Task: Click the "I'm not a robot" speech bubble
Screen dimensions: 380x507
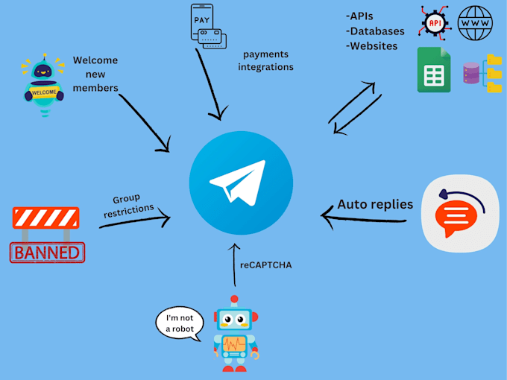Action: [180, 324]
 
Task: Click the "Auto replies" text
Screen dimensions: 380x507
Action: [375, 203]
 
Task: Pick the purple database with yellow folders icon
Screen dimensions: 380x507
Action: [482, 73]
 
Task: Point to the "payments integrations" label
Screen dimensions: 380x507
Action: [265, 60]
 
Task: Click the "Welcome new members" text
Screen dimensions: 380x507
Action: [95, 75]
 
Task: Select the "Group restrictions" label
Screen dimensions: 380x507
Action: [127, 206]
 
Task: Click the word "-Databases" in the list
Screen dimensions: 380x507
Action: [375, 31]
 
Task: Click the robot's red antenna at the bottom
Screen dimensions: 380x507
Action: [235, 300]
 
